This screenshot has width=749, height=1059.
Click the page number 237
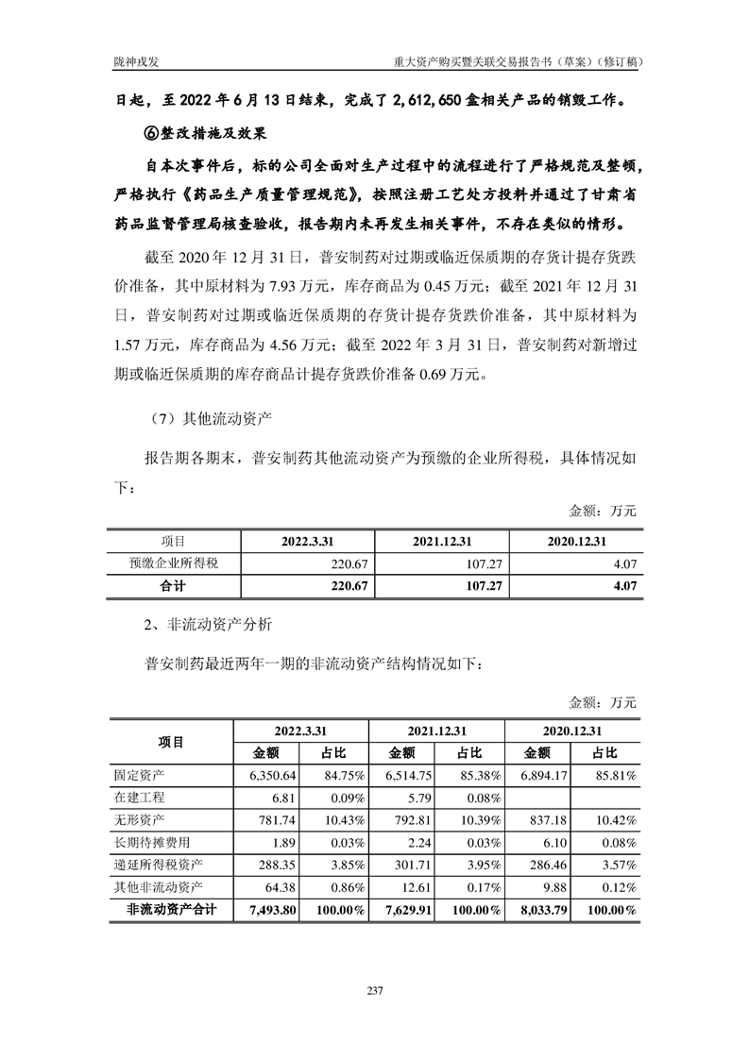coord(374,990)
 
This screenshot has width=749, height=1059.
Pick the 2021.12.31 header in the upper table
coord(441,541)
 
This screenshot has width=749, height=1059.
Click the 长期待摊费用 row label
coord(151,843)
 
